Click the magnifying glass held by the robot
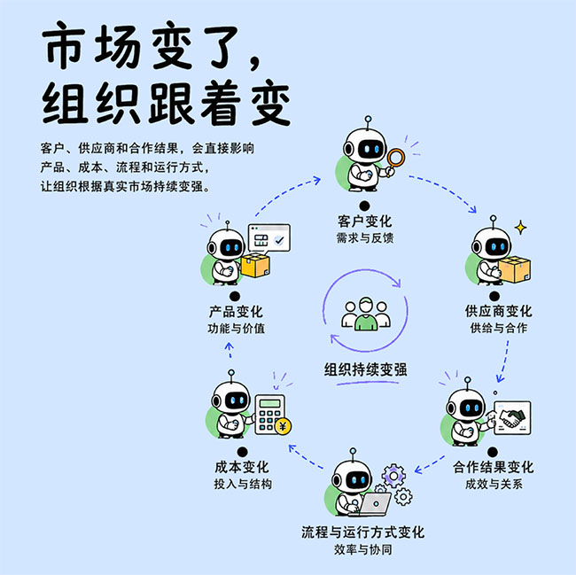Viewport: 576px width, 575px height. pyautogui.click(x=394, y=161)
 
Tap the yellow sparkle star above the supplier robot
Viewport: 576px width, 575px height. pyautogui.click(x=520, y=228)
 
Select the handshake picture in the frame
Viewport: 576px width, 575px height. pyautogui.click(x=512, y=418)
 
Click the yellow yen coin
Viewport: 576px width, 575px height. pyautogui.click(x=284, y=426)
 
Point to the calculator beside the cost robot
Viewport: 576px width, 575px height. pyautogui.click(x=270, y=414)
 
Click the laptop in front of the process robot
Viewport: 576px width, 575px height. pyautogui.click(x=374, y=504)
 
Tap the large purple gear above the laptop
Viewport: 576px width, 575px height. pyautogui.click(x=393, y=476)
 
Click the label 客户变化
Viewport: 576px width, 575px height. pyautogui.click(x=364, y=221)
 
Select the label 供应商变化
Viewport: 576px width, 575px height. pyautogui.click(x=498, y=311)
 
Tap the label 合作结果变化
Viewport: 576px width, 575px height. pyautogui.click(x=493, y=467)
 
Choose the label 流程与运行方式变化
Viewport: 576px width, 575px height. pyautogui.click(x=363, y=532)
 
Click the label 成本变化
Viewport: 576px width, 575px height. pyautogui.click(x=242, y=467)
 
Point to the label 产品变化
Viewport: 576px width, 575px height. pyautogui.click(x=236, y=312)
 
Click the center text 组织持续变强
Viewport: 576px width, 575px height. pyautogui.click(x=365, y=369)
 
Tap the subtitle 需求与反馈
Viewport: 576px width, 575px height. pyautogui.click(x=365, y=238)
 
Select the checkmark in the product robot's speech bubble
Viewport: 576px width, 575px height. pyautogui.click(x=279, y=240)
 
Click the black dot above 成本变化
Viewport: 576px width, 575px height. pyautogui.click(x=243, y=452)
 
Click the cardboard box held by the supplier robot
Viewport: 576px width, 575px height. pyautogui.click(x=514, y=269)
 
